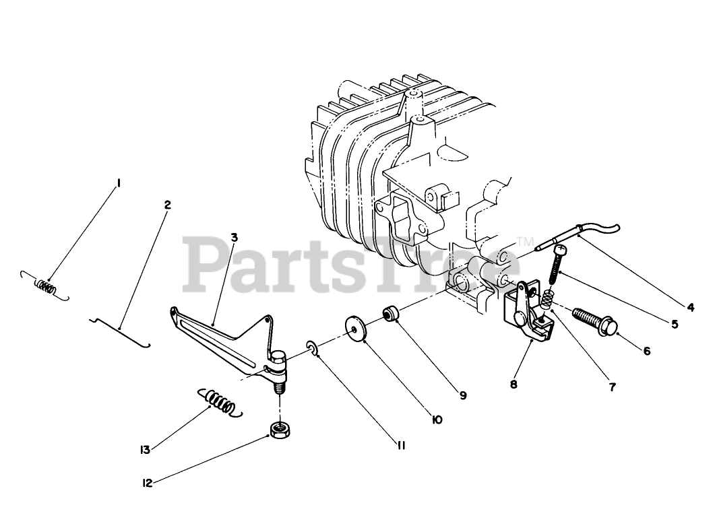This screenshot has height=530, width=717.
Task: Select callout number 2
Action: [x=167, y=205]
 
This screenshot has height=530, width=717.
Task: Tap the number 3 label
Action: [x=233, y=237]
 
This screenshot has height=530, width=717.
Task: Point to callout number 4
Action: [x=689, y=307]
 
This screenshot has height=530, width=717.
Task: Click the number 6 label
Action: [x=646, y=351]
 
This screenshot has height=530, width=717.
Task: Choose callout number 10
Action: [x=437, y=420]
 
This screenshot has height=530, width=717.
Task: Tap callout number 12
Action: [x=147, y=482]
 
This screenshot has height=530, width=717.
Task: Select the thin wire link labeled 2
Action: [x=121, y=330]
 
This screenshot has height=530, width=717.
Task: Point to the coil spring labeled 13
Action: [x=217, y=402]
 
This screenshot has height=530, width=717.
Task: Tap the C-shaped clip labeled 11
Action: [x=313, y=347]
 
